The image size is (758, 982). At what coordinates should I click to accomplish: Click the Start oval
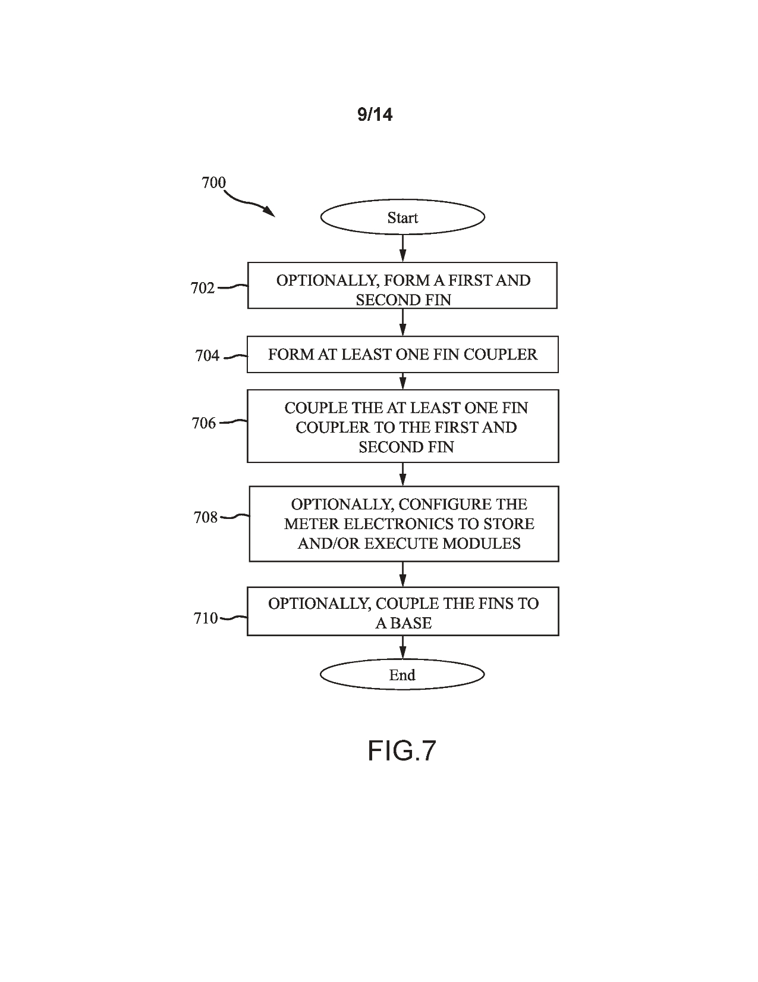[402, 217]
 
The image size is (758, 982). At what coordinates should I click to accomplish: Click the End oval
[402, 674]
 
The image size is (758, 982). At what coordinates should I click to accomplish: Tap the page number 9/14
[375, 114]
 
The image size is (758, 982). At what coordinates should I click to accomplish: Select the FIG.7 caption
[402, 750]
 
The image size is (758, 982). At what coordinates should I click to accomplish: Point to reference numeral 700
[213, 182]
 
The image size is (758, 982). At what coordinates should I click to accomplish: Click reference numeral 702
[202, 288]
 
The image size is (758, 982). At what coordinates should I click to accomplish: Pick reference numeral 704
[207, 356]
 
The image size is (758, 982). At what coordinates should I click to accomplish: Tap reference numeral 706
[204, 423]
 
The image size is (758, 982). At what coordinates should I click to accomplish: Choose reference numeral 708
[206, 518]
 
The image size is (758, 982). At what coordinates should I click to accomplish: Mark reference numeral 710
[206, 618]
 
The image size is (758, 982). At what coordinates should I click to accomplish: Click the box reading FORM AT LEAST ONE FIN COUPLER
[402, 355]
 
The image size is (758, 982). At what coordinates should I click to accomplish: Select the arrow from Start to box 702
[403, 248]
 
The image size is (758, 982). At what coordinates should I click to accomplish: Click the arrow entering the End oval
[403, 647]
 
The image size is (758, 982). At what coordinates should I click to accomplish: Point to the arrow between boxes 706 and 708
[403, 474]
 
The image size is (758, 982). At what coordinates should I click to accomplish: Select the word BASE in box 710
[411, 623]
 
